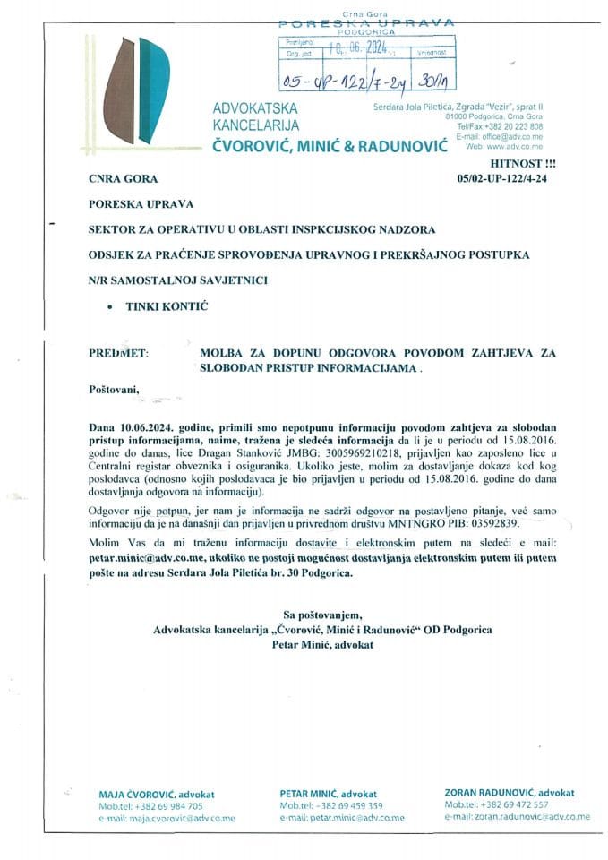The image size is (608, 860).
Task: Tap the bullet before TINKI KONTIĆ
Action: coord(108,307)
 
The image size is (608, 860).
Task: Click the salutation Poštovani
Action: coord(116,391)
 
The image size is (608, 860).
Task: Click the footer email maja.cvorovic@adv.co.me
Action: coord(157,817)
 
